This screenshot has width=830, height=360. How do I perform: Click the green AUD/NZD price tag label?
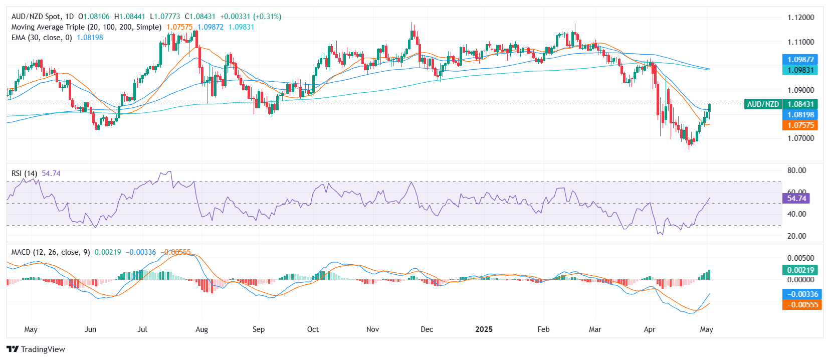[763, 104]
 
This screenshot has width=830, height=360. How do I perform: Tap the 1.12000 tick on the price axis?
[800, 18]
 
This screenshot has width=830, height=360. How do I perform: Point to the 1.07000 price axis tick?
[800, 138]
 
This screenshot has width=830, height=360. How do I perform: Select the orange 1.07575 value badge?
[800, 125]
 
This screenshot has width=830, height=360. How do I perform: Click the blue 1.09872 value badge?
[800, 60]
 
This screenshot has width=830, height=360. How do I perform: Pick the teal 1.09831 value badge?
[800, 70]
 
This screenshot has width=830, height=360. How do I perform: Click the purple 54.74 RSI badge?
[796, 199]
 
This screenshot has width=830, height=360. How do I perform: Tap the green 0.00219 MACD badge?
[800, 270]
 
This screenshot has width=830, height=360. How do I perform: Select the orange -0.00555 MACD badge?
[802, 305]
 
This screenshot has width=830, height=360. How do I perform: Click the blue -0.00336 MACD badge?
[802, 294]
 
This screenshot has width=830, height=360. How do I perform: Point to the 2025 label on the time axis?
[484, 329]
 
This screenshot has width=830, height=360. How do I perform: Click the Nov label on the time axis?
[372, 329]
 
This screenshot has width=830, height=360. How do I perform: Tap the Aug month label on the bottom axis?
[201, 329]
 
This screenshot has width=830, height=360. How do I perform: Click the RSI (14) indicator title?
[24, 173]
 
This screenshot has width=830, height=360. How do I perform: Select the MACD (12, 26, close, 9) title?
[51, 252]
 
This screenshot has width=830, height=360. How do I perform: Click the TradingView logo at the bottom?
[36, 349]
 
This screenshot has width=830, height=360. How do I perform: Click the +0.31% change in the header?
[268, 17]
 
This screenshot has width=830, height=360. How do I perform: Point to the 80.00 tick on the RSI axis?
[796, 170]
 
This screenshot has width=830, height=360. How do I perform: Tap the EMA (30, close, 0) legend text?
[42, 38]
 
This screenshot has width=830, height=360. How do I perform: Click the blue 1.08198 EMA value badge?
[800, 115]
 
